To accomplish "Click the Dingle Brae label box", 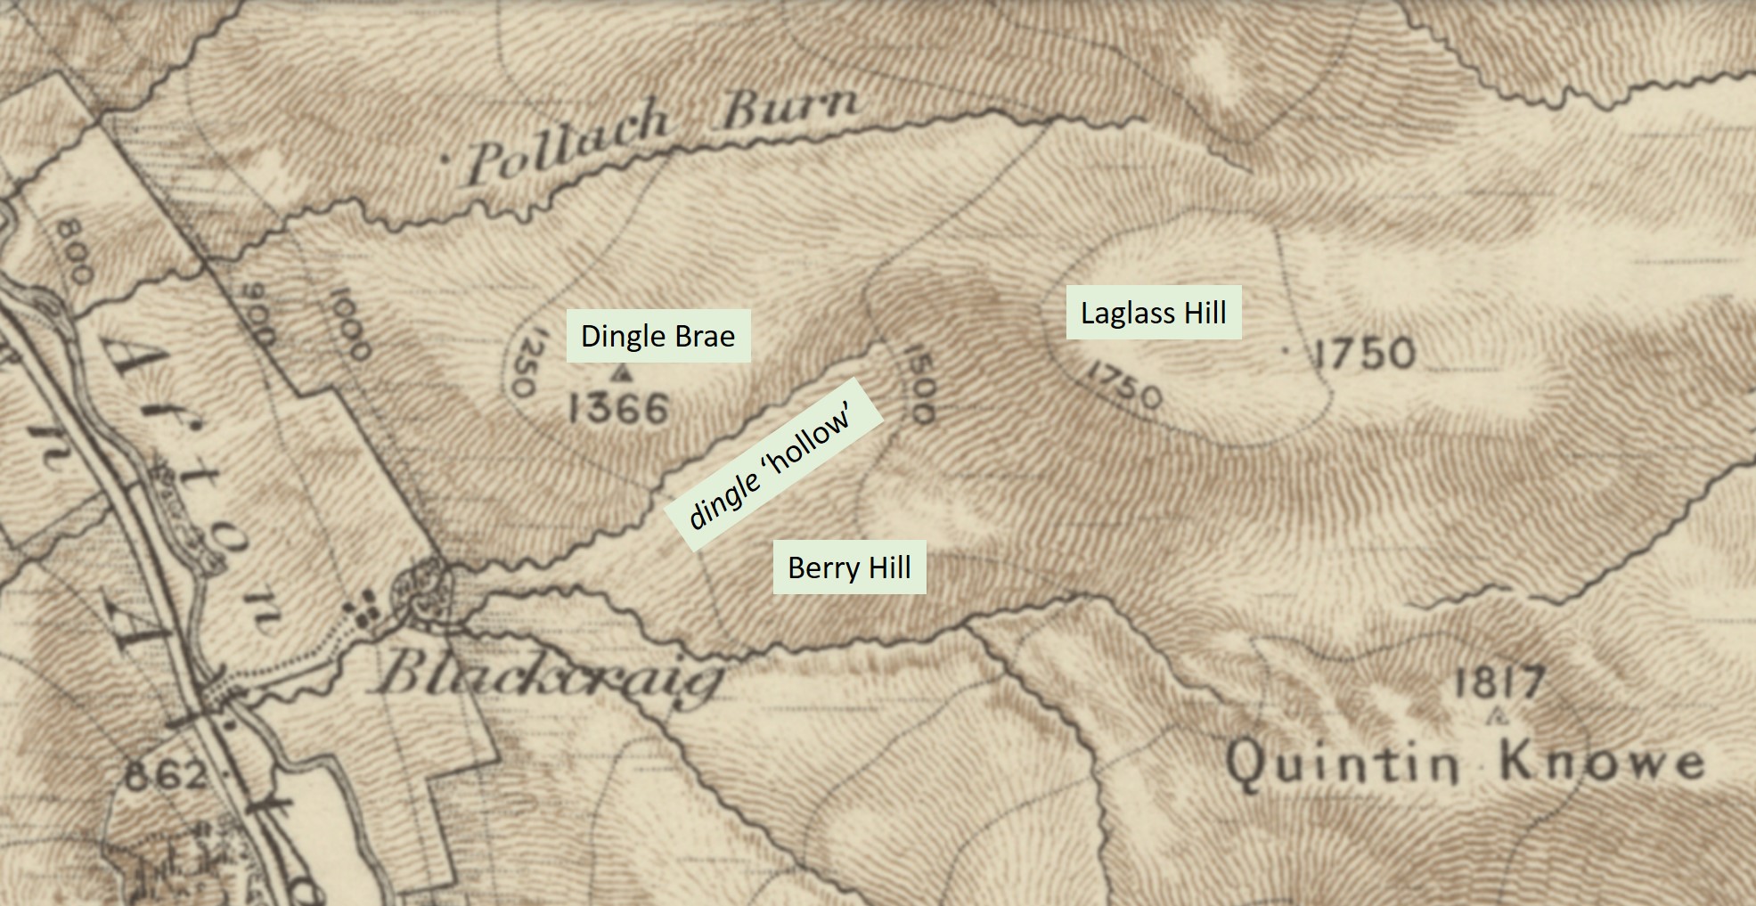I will pos(657,336).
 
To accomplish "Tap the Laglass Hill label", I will pos(1154,313).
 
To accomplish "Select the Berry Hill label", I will pos(849,567).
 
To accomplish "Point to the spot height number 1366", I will pos(618,410).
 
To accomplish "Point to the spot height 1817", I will pos(1499,684).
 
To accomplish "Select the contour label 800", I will pos(74,252).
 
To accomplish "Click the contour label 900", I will pos(257,314).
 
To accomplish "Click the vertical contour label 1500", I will pos(919,383).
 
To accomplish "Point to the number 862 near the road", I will pos(166,775).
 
